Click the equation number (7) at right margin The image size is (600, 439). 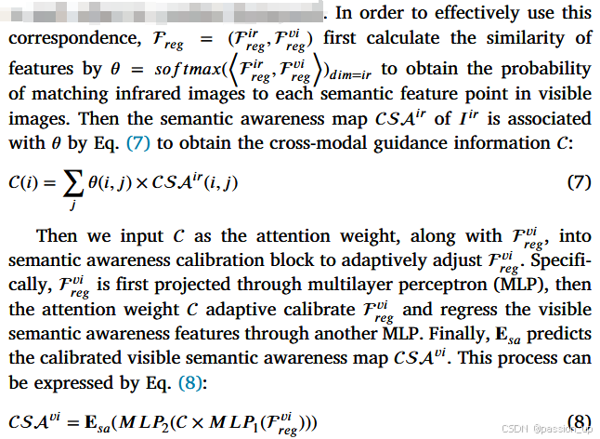[579, 180]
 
